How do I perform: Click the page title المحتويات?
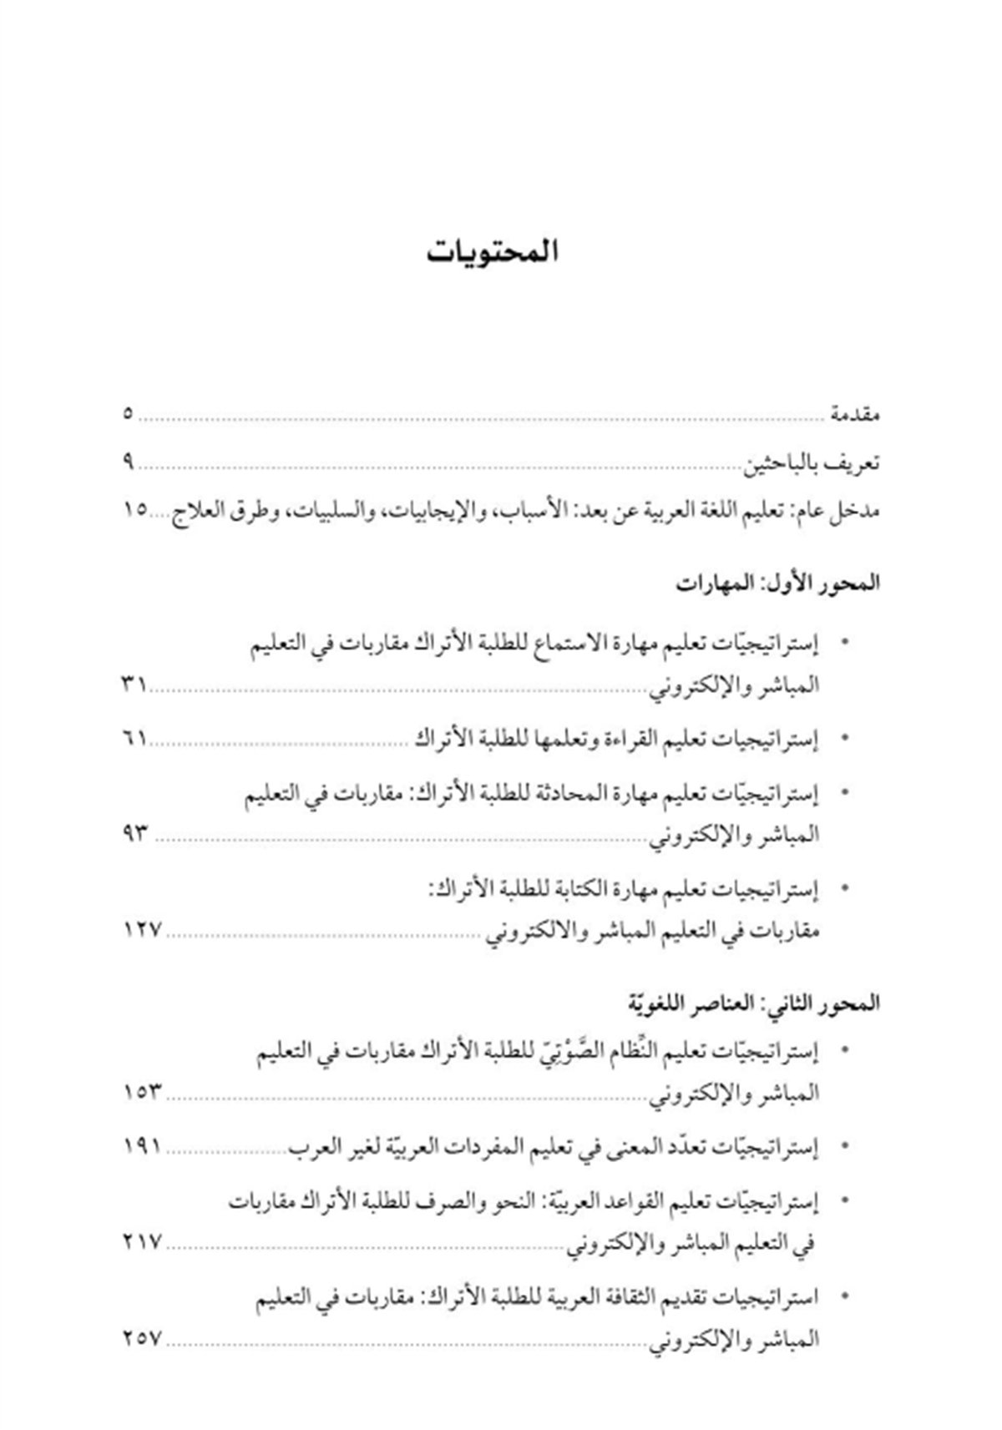492,252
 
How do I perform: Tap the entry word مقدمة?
854,414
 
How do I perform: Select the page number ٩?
129,461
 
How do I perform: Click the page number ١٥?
134,509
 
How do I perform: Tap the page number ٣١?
134,685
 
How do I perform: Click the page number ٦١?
134,738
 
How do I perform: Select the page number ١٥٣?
141,1092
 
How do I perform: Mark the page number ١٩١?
141,1146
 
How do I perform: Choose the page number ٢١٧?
141,1242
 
